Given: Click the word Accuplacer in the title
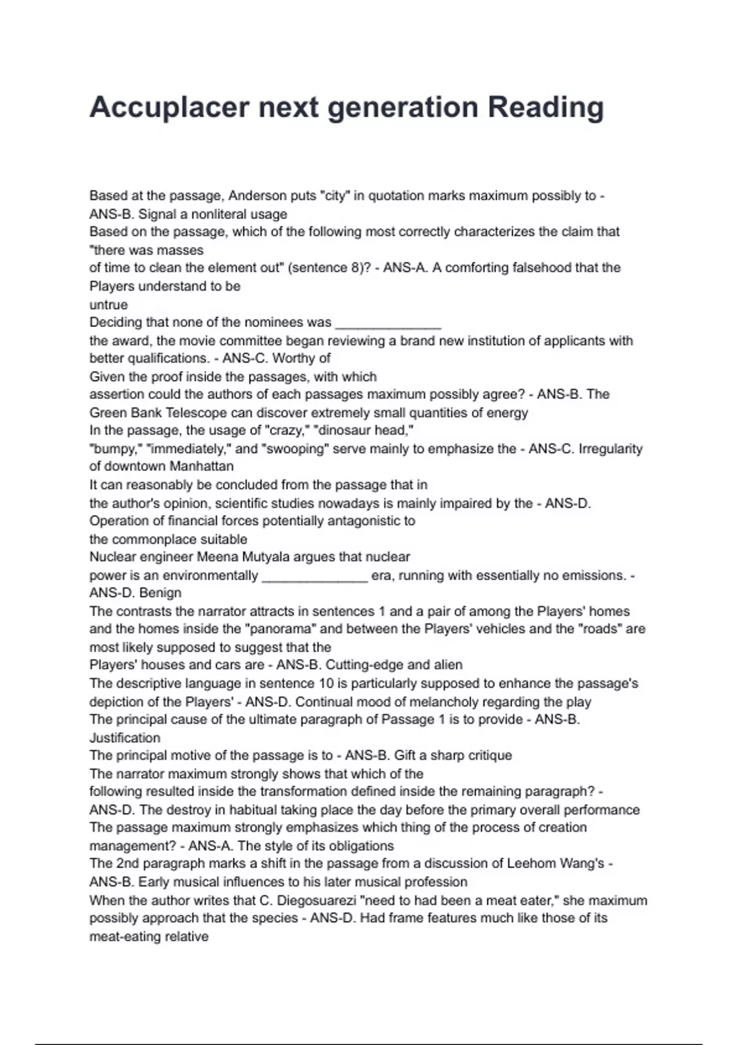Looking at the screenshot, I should pos(169,108).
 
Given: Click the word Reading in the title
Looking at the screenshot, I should pos(546,108).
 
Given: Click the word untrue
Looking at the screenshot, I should pos(108,305).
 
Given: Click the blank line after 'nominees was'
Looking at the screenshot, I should pos(388,323).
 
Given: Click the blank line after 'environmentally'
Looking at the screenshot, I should pos(314,577).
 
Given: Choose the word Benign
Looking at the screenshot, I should pos(161,593).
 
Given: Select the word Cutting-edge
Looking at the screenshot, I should pos(364,665).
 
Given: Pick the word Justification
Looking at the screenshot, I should pos(125,738).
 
